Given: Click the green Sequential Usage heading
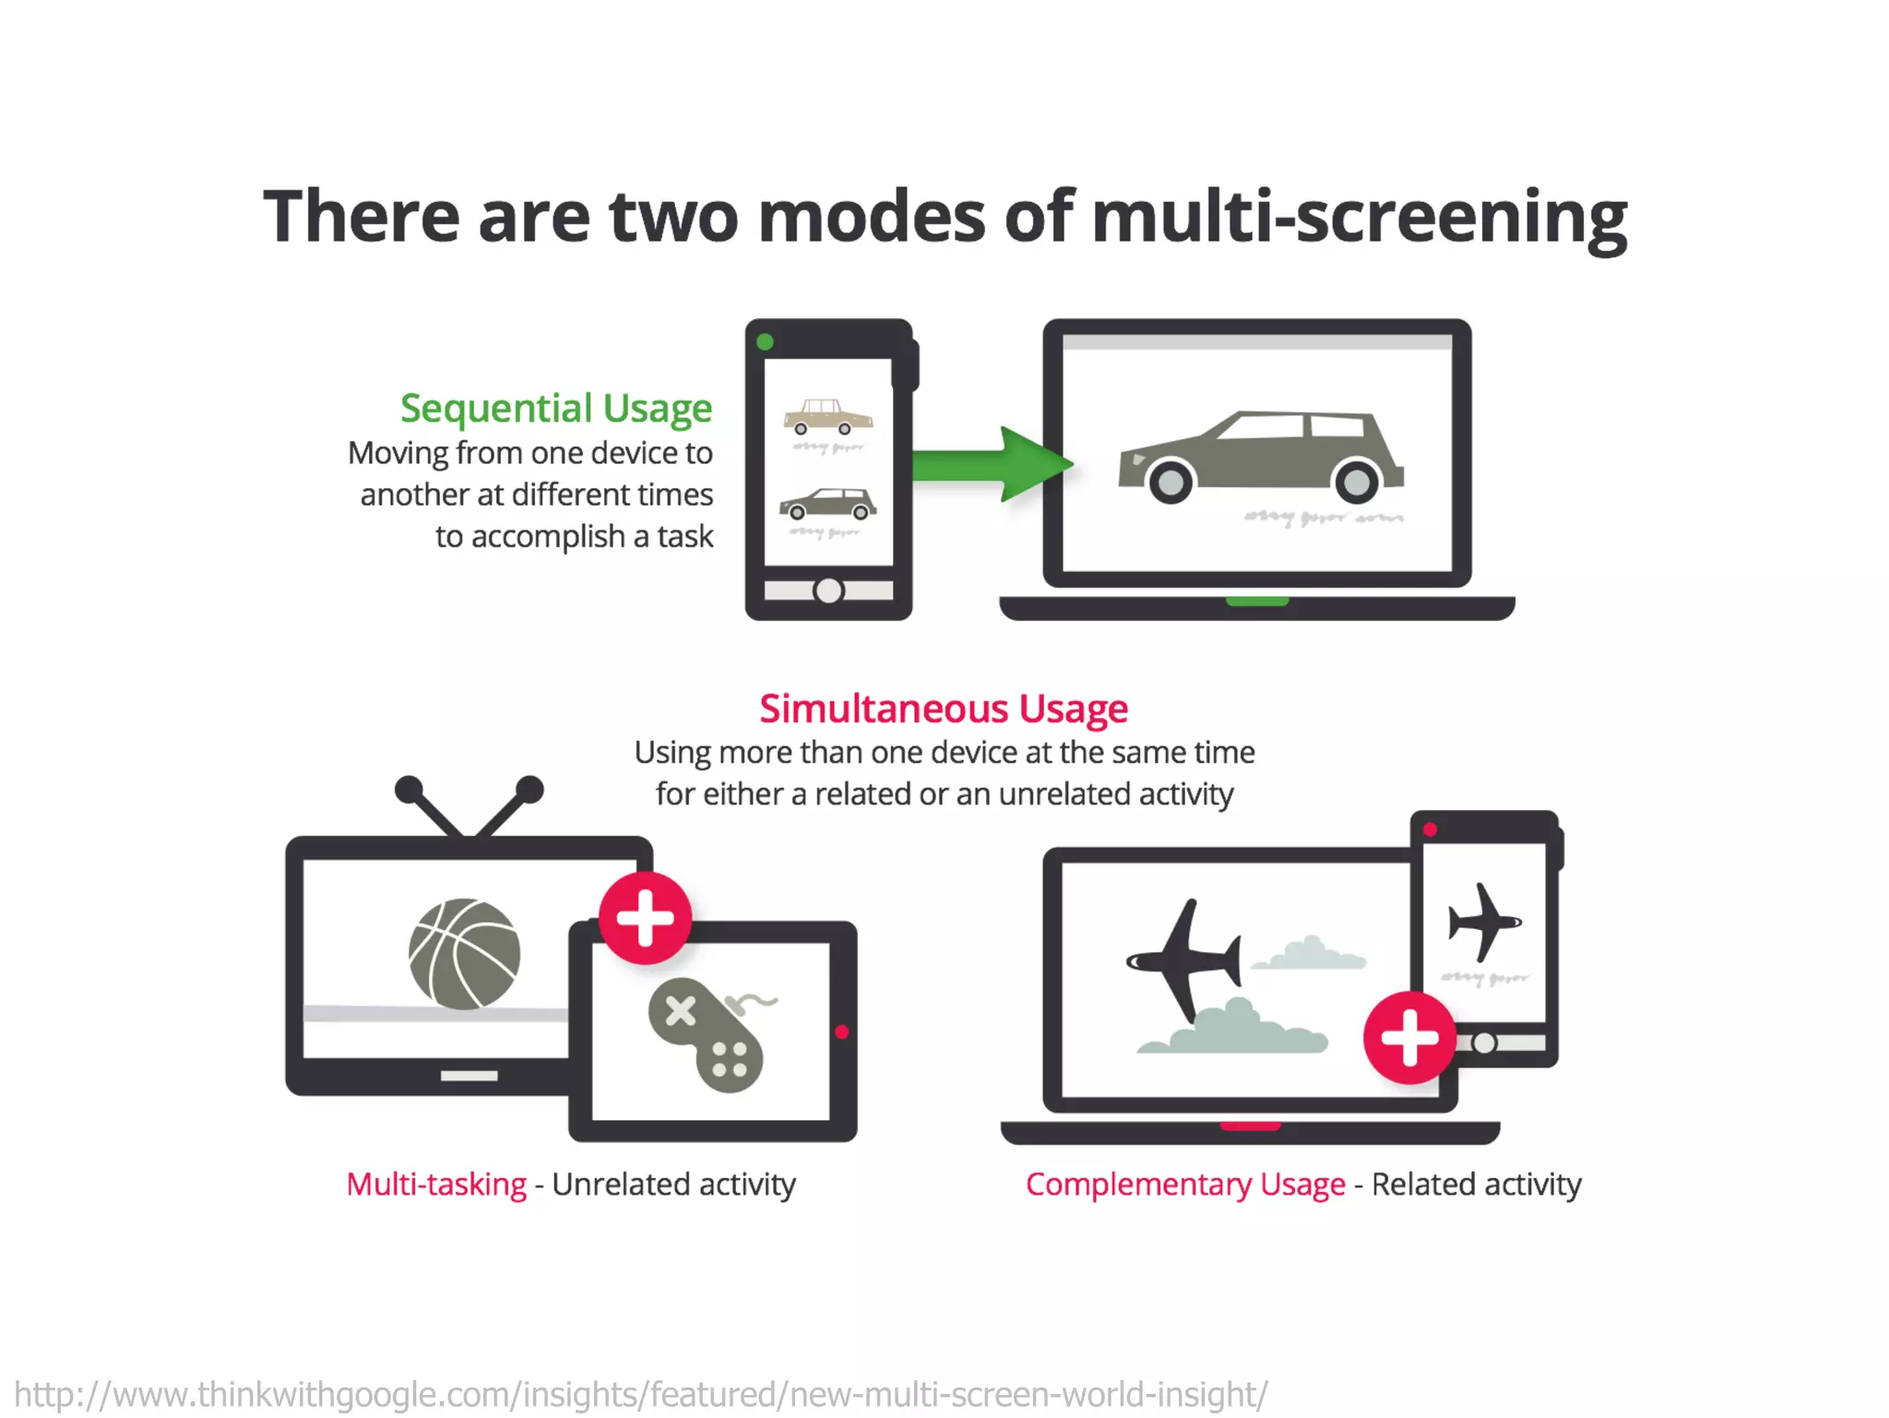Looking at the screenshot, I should (x=555, y=408).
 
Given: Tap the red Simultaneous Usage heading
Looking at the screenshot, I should (x=943, y=709).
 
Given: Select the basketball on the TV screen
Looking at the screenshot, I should (x=464, y=954).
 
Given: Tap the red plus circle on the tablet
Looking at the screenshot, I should (x=645, y=918).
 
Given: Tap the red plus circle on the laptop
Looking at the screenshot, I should (x=1408, y=1037).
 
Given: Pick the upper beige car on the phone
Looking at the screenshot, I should (x=827, y=417).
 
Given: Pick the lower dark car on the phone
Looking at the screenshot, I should (x=827, y=504).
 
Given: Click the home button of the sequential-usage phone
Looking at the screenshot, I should (x=828, y=590).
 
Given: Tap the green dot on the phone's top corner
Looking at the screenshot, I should (x=765, y=342).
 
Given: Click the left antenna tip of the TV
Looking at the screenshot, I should (x=409, y=790).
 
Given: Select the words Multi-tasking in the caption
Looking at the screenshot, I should (x=435, y=1185).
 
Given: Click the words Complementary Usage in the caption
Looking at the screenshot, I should (x=1184, y=1185).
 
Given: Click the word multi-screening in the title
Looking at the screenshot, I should (x=1360, y=218).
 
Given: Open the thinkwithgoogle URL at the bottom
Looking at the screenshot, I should (x=640, y=1394).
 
